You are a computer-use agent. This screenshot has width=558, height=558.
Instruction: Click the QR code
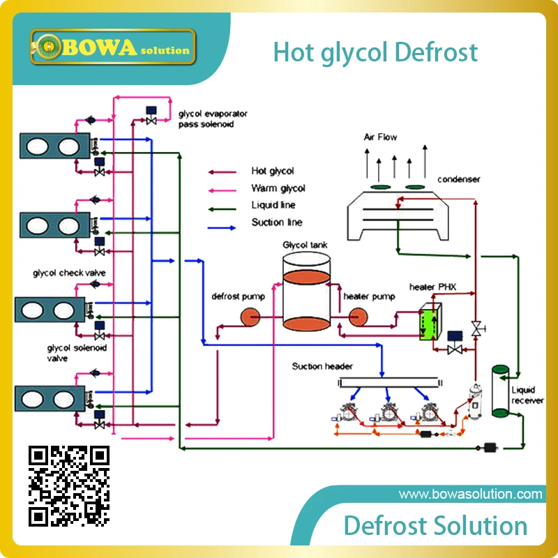(x=68, y=486)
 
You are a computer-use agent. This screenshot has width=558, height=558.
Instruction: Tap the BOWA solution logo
(x=113, y=47)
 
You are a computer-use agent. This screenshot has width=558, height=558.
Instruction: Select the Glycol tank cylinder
(x=306, y=292)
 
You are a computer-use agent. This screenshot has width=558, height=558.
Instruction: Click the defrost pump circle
(x=250, y=317)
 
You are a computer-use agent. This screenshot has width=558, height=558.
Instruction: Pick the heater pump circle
(x=358, y=317)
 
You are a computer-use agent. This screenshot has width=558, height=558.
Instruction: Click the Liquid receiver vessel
(x=500, y=391)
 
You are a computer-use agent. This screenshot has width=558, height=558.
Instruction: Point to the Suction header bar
(x=390, y=382)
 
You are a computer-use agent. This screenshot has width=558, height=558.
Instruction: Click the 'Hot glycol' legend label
(x=273, y=171)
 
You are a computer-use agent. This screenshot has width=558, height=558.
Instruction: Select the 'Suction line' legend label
(x=277, y=223)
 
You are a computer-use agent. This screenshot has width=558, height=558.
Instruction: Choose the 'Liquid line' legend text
(x=273, y=205)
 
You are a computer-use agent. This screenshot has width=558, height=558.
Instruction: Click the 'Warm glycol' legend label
(x=278, y=188)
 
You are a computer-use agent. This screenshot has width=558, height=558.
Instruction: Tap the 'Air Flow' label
(x=380, y=137)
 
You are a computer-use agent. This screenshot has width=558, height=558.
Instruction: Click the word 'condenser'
(x=459, y=179)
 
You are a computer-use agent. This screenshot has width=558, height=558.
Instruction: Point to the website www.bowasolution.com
(x=470, y=495)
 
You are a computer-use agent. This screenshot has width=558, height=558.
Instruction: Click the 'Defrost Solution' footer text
(x=435, y=526)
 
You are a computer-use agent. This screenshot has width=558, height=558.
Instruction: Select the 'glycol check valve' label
(x=69, y=273)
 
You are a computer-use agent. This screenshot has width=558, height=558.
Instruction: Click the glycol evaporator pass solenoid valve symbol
(x=151, y=116)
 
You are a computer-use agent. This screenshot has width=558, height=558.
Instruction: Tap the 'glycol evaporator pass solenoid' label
(x=213, y=119)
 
